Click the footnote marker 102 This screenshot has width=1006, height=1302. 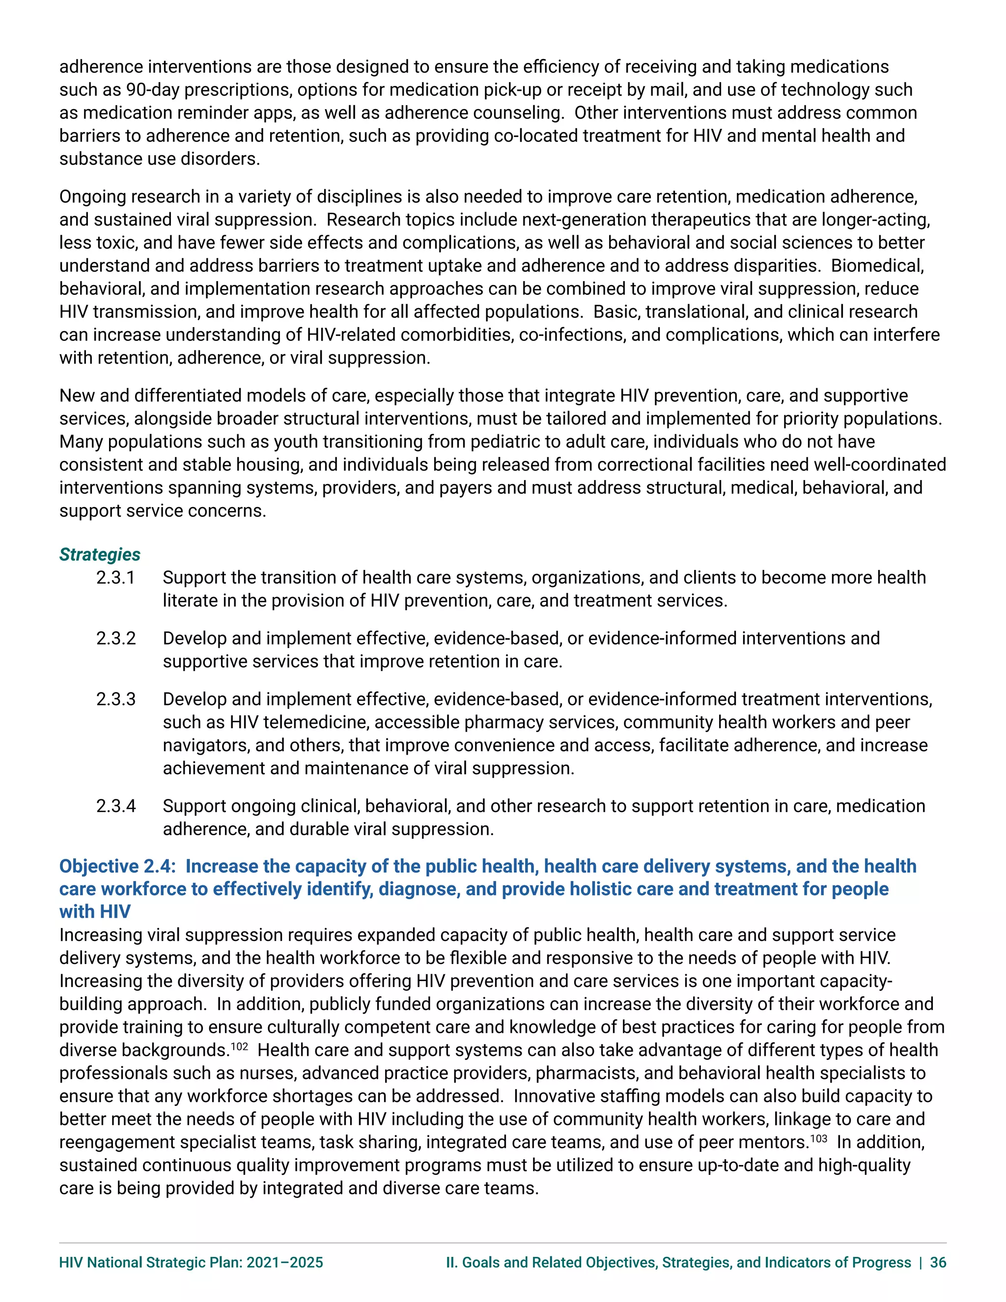239,1046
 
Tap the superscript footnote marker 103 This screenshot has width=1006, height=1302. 818,1138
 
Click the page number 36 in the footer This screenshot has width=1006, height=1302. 938,1262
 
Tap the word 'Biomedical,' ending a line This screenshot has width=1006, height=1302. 877,266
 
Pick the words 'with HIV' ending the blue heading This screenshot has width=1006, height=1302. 95,911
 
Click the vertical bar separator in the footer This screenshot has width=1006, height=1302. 921,1262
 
